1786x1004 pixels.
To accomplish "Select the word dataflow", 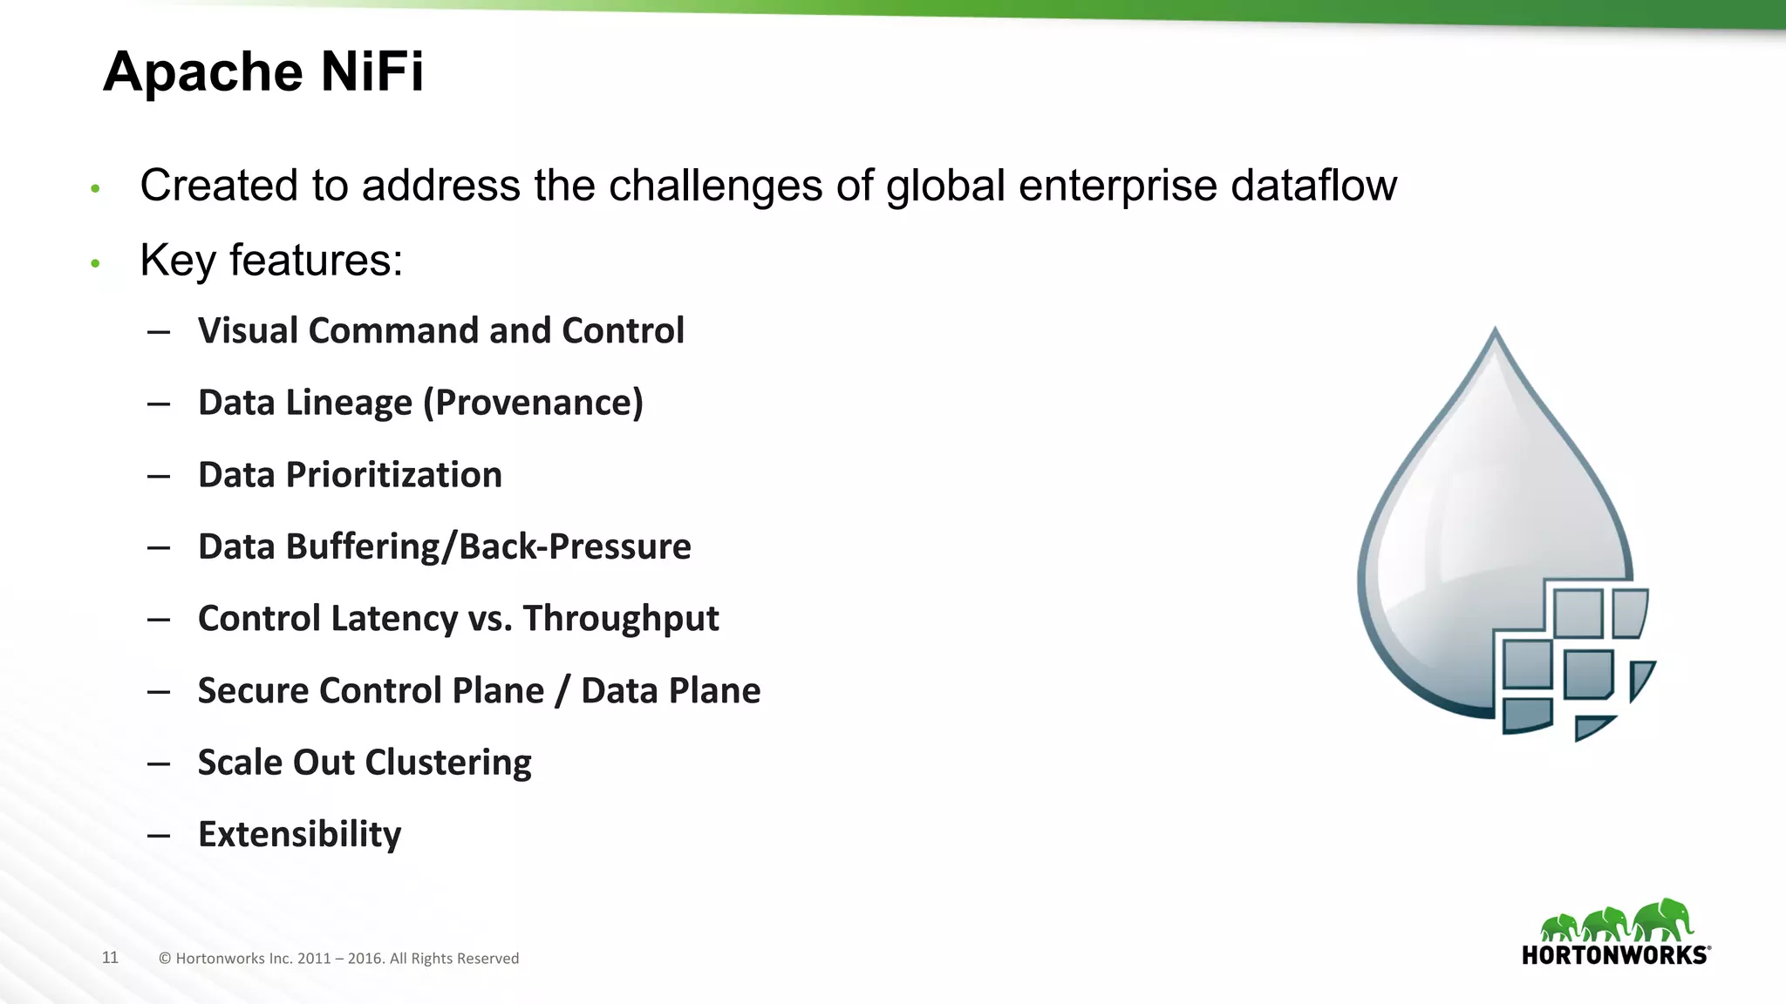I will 1313,186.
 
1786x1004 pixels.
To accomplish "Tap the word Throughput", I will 621,620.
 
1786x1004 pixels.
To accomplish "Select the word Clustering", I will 449,763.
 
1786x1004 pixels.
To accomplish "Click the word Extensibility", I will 299,835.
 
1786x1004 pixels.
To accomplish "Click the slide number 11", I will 110,958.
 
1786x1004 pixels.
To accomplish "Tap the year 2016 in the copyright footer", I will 365,959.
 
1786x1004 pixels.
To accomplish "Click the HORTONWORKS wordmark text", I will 1615,955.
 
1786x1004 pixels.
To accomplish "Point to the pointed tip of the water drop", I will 1496,332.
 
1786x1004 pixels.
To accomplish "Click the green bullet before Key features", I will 96,262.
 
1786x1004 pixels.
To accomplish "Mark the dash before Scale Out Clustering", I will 159,763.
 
